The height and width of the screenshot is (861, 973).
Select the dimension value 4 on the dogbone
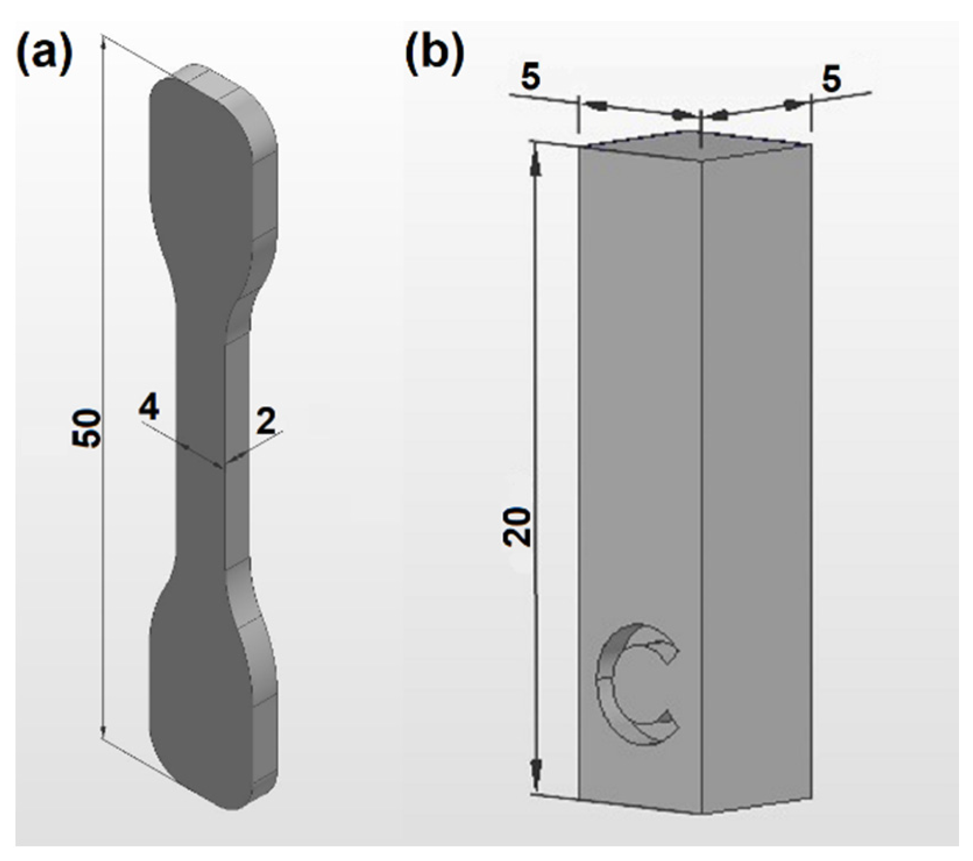click(149, 410)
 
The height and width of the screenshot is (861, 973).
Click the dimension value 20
click(517, 526)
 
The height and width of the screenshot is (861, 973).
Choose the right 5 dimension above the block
click(831, 80)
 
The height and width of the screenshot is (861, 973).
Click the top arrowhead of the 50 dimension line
click(104, 44)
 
